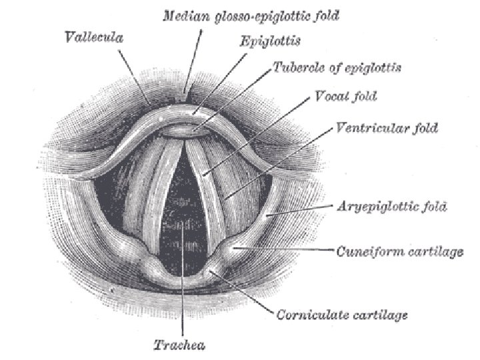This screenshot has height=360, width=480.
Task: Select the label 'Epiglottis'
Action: click(x=269, y=41)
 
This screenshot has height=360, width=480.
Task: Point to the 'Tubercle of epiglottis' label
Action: click(x=337, y=67)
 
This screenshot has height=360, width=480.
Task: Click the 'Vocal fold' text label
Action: click(x=345, y=97)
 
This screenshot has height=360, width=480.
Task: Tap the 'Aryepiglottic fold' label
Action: click(x=386, y=207)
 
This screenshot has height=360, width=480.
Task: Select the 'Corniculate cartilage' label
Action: click(x=341, y=313)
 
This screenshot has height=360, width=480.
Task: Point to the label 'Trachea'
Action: click(x=179, y=345)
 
